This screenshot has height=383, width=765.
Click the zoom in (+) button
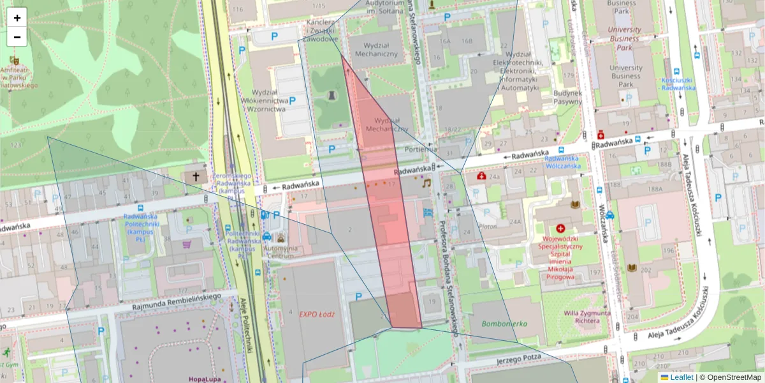click(17, 18)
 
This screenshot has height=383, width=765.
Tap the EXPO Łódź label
click(317, 314)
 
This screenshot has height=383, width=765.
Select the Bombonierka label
click(504, 324)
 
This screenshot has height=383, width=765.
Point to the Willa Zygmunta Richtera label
click(587, 317)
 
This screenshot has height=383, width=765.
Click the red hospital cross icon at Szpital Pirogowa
click(560, 228)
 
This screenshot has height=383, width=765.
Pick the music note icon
click(426, 183)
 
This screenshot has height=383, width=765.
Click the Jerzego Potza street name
click(518, 358)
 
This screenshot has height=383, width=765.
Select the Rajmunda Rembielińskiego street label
click(176, 302)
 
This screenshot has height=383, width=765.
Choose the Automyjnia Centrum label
click(280, 252)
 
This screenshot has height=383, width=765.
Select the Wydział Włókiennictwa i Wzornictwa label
click(262, 100)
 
